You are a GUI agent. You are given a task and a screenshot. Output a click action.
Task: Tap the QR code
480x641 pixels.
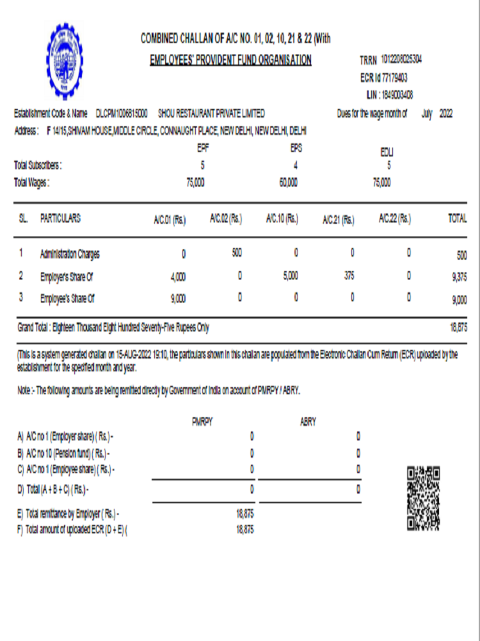tap(423, 499)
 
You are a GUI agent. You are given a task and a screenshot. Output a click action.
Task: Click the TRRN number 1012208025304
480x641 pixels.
tap(401, 60)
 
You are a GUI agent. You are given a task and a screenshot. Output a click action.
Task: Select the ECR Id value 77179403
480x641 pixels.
tap(395, 78)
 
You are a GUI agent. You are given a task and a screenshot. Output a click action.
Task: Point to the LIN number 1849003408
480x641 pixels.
tap(397, 95)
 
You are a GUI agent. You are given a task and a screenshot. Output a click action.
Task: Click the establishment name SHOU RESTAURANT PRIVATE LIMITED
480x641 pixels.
tap(211, 113)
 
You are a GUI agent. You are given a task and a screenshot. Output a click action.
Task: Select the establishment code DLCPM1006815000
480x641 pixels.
tap(122, 113)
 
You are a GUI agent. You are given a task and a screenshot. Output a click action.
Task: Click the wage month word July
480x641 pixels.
tap(427, 113)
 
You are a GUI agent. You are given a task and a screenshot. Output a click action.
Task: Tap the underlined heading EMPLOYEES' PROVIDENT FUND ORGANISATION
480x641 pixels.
tap(230, 60)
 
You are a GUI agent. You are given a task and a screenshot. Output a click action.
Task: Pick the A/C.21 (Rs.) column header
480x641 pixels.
tap(339, 220)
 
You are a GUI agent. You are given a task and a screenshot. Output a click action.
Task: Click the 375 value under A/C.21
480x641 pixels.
tap(349, 276)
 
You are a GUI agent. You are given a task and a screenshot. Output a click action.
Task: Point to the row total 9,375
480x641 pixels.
tap(458, 278)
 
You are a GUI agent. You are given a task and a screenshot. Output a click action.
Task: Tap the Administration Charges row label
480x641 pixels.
tap(70, 254)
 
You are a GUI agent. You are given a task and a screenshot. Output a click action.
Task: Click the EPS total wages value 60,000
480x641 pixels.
tap(288, 183)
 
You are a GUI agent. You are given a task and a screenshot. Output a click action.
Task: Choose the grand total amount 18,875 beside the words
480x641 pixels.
tap(458, 328)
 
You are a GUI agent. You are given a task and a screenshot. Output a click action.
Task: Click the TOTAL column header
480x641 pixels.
tap(457, 219)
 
